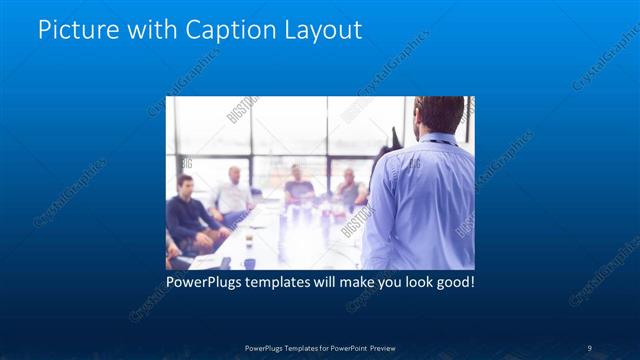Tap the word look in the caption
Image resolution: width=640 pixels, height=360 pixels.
(x=410, y=283)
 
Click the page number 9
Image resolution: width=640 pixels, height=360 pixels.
(x=589, y=348)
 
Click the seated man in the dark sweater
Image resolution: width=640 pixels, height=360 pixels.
(x=187, y=215)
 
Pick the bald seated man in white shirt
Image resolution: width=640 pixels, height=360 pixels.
(x=234, y=195)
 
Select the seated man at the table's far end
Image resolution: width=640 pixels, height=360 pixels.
(x=298, y=184)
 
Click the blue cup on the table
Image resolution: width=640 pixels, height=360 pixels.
(x=249, y=263)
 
